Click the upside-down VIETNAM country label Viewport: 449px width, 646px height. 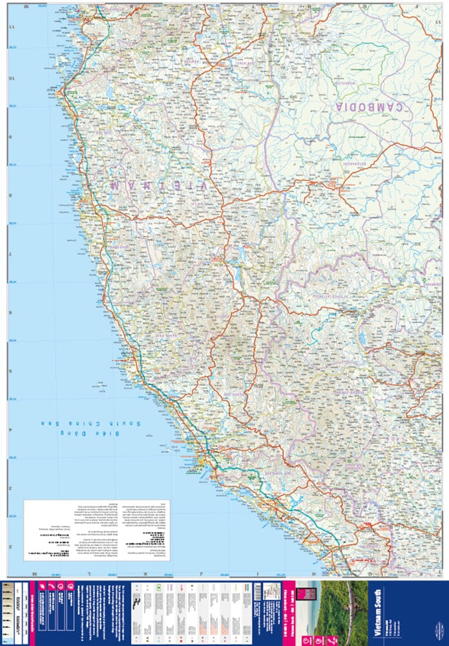coord(158,185)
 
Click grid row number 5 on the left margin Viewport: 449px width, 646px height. coord(11,371)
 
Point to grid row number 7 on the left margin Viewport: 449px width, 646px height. coord(11,254)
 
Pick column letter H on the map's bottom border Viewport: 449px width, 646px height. coord(315,574)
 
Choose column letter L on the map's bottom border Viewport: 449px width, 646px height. coord(89,574)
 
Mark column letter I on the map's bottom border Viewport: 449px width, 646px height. coord(258,574)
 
